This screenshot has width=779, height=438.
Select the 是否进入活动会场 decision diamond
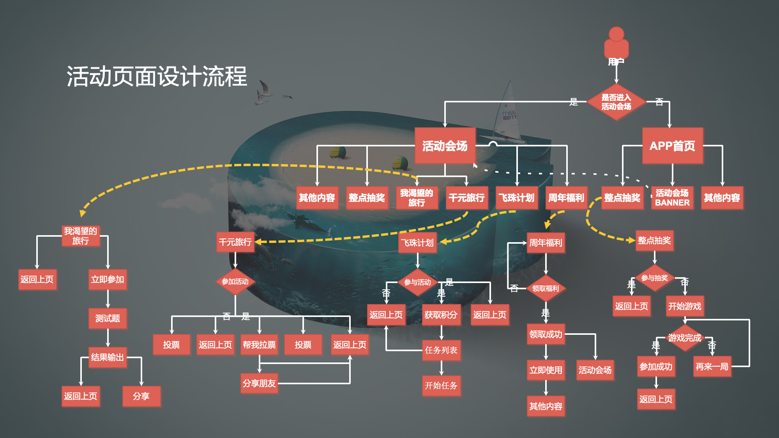point(616,102)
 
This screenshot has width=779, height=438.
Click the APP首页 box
point(672,146)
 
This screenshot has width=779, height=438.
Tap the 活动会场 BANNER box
point(672,198)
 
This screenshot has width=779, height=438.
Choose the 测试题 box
point(108,318)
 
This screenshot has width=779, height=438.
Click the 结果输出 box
point(107,357)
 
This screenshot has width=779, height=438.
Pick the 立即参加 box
point(108,280)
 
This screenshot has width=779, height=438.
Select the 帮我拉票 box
point(259,345)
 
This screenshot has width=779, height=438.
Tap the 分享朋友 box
point(259,383)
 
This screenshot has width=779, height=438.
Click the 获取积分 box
point(441,315)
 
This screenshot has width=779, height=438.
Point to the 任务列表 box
point(441,350)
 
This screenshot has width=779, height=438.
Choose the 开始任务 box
point(441,385)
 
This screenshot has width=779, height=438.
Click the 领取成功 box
point(546,334)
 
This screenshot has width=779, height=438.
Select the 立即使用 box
point(546,370)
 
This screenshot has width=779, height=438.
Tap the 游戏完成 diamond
point(685,338)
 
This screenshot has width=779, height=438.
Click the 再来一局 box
point(712,366)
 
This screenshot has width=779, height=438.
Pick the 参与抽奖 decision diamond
point(655,278)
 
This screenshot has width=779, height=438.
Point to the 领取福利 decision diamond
point(546,288)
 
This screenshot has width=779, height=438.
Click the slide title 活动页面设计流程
point(157,76)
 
